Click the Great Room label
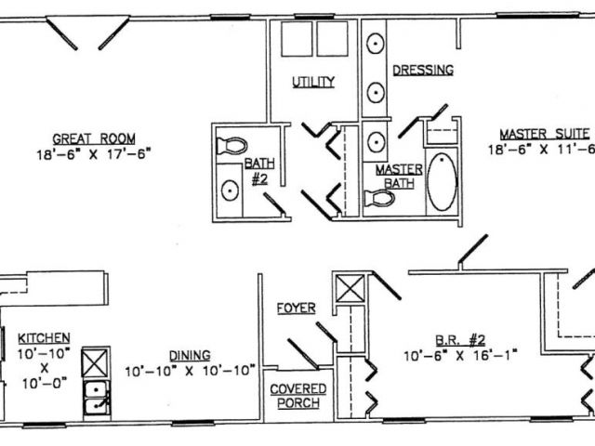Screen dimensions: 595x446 (94, 138)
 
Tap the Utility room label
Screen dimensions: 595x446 (313, 82)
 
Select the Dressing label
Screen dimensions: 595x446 (423, 71)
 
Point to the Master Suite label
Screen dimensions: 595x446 (545, 134)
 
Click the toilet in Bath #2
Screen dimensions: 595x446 (231, 146)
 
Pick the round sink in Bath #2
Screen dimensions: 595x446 (230, 190)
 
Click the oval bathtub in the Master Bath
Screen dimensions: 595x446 (442, 182)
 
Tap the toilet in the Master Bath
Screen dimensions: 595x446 (378, 198)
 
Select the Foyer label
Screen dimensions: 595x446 (296, 308)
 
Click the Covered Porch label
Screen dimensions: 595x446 (298, 396)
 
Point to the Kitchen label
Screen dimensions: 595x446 (44, 338)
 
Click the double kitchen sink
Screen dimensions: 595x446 (97, 398)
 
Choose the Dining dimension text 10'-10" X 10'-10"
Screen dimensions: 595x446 (190, 371)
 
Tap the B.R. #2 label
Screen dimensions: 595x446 (460, 340)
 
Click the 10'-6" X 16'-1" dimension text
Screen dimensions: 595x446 (460, 356)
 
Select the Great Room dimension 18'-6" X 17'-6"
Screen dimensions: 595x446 (94, 154)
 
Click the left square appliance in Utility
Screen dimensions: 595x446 (297, 39)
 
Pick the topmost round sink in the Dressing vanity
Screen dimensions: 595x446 (376, 44)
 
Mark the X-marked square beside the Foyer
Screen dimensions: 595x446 (350, 289)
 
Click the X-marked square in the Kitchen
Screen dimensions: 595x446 (95, 363)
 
